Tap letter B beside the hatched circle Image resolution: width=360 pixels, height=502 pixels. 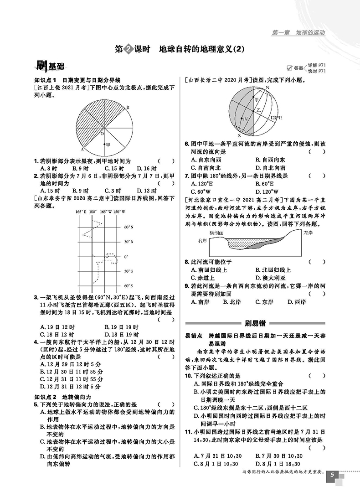point(128,107)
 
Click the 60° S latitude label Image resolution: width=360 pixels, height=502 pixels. point(129,286)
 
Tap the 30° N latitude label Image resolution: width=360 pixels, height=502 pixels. point(129,242)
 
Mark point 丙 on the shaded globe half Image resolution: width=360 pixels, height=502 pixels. point(245,119)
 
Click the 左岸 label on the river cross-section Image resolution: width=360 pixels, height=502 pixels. point(309,233)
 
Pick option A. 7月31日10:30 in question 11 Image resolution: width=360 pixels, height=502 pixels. point(217,455)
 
